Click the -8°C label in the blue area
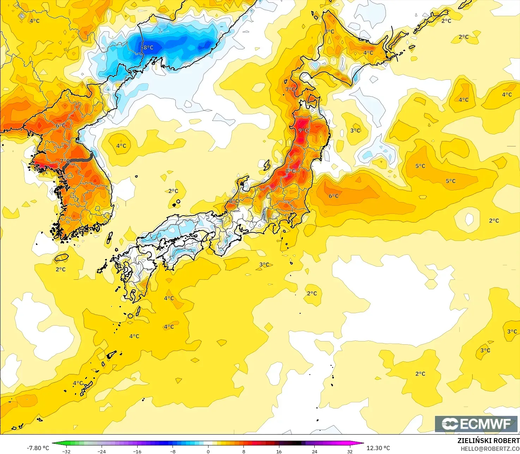pyautogui.click(x=148, y=47)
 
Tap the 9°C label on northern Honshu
pyautogui.click(x=303, y=131)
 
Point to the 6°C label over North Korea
pyautogui.click(x=61, y=125)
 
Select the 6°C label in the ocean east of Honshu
pyautogui.click(x=333, y=196)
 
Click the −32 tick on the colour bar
pyautogui.click(x=66, y=451)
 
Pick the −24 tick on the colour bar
pyautogui.click(x=102, y=451)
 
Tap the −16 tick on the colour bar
pyautogui.click(x=137, y=451)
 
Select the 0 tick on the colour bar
pyautogui.click(x=208, y=451)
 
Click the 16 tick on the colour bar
pyautogui.click(x=279, y=451)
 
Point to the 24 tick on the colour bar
pyautogui.click(x=314, y=451)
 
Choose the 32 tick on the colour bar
pyautogui.click(x=350, y=451)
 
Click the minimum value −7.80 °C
pyautogui.click(x=38, y=448)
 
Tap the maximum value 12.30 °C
pyautogui.click(x=378, y=448)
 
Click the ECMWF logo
pyautogui.click(x=476, y=424)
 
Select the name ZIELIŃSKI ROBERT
pyautogui.click(x=488, y=441)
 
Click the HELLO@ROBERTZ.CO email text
pyautogui.click(x=490, y=448)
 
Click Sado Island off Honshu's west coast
pyautogui.click(x=267, y=165)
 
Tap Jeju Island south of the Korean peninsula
pyautogui.click(x=62, y=258)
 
